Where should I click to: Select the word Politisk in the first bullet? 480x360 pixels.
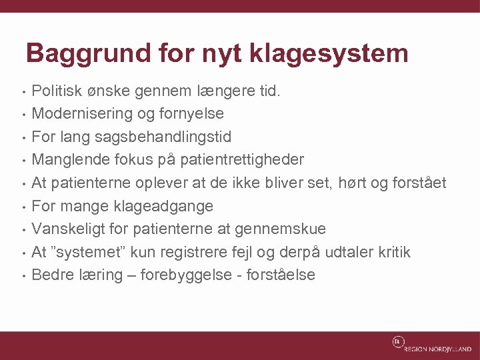[x=57, y=90]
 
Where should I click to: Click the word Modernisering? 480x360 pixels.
[x=83, y=113]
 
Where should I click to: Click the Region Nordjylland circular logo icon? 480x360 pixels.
[x=397, y=342]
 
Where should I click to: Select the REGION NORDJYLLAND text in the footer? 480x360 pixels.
[x=437, y=349]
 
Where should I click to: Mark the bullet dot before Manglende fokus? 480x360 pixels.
[x=23, y=161]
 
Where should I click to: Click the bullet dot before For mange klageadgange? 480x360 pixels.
[x=23, y=207]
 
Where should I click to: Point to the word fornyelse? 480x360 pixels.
[x=192, y=113]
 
